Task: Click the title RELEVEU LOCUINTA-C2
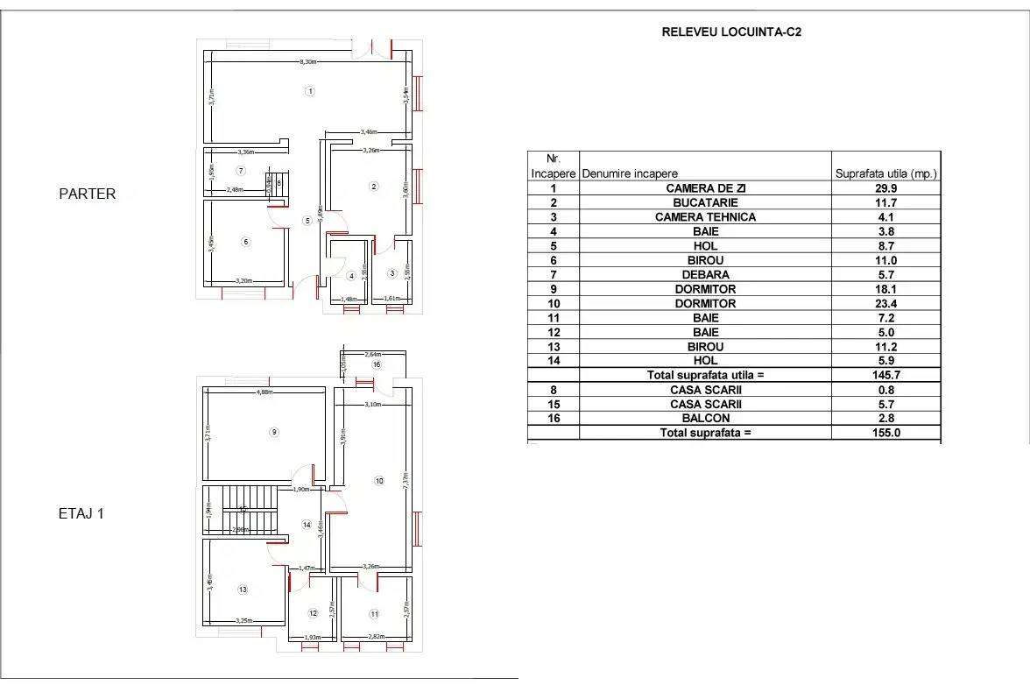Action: pyautogui.click(x=731, y=33)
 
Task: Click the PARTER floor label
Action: pyautogui.click(x=87, y=194)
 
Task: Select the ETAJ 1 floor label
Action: pyautogui.click(x=81, y=514)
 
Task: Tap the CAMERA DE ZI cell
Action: pyautogui.click(x=705, y=188)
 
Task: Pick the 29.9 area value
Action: pyautogui.click(x=885, y=188)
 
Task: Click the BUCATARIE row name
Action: pyautogui.click(x=705, y=202)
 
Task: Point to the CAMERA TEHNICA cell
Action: pyautogui.click(x=705, y=217)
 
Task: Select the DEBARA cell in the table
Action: pyautogui.click(x=705, y=274)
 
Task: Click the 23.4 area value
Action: pyautogui.click(x=885, y=303)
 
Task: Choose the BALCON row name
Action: pyautogui.click(x=705, y=419)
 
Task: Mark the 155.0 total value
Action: pyautogui.click(x=885, y=433)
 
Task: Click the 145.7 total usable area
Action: pyautogui.click(x=885, y=375)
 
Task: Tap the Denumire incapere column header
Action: pyautogui.click(x=630, y=173)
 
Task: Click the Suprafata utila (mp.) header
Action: pyautogui.click(x=885, y=173)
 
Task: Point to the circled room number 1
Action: pyautogui.click(x=309, y=90)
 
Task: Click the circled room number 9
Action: pyautogui.click(x=274, y=431)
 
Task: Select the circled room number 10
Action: pyautogui.click(x=378, y=480)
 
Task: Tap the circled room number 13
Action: pyautogui.click(x=243, y=590)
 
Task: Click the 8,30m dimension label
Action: pyautogui.click(x=307, y=62)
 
